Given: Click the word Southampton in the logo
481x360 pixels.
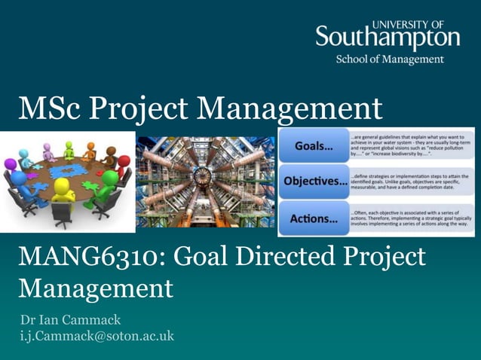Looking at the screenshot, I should [x=387, y=38].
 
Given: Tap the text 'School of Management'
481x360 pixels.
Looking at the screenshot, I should [x=390, y=59].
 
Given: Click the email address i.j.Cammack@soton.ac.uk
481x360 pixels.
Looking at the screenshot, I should [x=97, y=336].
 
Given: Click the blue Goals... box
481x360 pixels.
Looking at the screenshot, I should [x=314, y=145].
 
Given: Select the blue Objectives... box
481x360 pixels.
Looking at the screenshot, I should [x=314, y=182].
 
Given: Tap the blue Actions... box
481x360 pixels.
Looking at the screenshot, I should [x=314, y=218].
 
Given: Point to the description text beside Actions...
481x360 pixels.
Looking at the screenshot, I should [x=411, y=218].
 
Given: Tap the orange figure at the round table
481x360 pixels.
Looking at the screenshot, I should [x=90, y=151].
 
